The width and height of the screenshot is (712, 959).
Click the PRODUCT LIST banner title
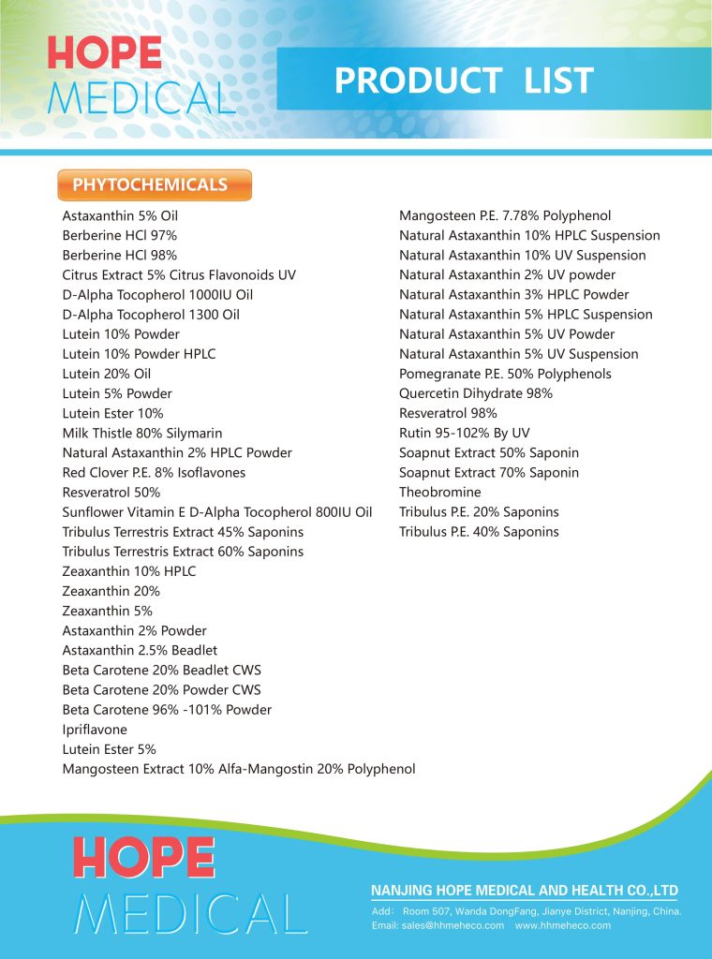[464, 81]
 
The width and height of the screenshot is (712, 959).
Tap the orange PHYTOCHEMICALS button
[155, 184]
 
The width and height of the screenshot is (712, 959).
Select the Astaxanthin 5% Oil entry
[120, 215]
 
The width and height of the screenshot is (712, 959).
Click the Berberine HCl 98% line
[119, 255]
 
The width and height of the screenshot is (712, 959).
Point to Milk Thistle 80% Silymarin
[142, 433]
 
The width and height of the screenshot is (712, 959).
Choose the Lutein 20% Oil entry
[107, 374]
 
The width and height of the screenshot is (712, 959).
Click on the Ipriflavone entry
[95, 730]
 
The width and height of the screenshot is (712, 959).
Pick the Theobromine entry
[440, 492]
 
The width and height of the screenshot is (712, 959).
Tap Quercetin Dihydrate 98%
[476, 393]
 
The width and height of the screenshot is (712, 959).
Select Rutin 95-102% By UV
[465, 433]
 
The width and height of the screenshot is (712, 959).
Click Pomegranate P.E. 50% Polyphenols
[505, 374]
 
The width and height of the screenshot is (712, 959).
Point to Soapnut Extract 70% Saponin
[489, 472]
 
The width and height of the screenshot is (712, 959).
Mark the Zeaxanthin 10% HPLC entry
[129, 571]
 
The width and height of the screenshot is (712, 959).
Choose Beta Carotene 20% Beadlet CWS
[162, 670]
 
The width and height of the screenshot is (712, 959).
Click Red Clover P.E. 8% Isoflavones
[154, 472]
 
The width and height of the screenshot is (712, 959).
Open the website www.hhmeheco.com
[563, 925]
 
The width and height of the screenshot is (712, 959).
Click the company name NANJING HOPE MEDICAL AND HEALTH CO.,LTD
[524, 890]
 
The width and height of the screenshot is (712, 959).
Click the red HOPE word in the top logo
[104, 52]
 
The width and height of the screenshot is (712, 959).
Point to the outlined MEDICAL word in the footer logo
[190, 914]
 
